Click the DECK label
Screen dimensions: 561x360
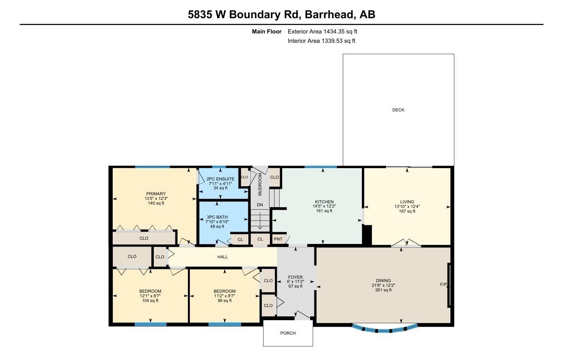coord(398,110)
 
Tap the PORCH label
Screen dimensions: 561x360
coord(288,333)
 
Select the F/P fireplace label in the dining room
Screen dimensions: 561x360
coord(443,284)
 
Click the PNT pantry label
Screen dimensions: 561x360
coord(278,239)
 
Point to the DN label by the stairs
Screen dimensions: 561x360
coord(260,205)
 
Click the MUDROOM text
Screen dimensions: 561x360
coord(260,184)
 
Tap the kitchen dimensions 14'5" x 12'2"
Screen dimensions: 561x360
coord(324,206)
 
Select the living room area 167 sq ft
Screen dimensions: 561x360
coord(407,211)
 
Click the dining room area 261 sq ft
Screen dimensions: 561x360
coord(383,290)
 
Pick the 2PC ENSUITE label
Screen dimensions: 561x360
coord(220,179)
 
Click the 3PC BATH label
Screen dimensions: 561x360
coord(217,217)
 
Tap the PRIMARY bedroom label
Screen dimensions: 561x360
coord(156,194)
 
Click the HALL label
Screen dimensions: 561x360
coord(222,257)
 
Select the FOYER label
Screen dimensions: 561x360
coord(295,277)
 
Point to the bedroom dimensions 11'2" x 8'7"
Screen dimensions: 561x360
coord(225,296)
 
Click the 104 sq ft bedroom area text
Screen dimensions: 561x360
coord(150,301)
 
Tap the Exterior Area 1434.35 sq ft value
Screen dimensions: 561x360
coord(322,31)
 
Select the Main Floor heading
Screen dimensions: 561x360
coord(267,31)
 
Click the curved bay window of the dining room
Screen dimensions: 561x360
coord(385,330)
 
